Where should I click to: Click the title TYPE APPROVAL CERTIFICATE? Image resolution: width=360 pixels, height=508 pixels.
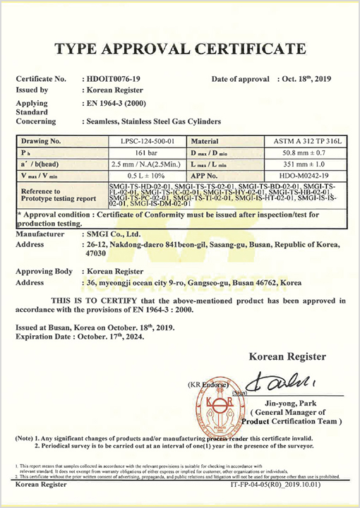point(180,48)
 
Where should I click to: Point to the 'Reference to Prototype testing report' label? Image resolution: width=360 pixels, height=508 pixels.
point(56,195)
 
